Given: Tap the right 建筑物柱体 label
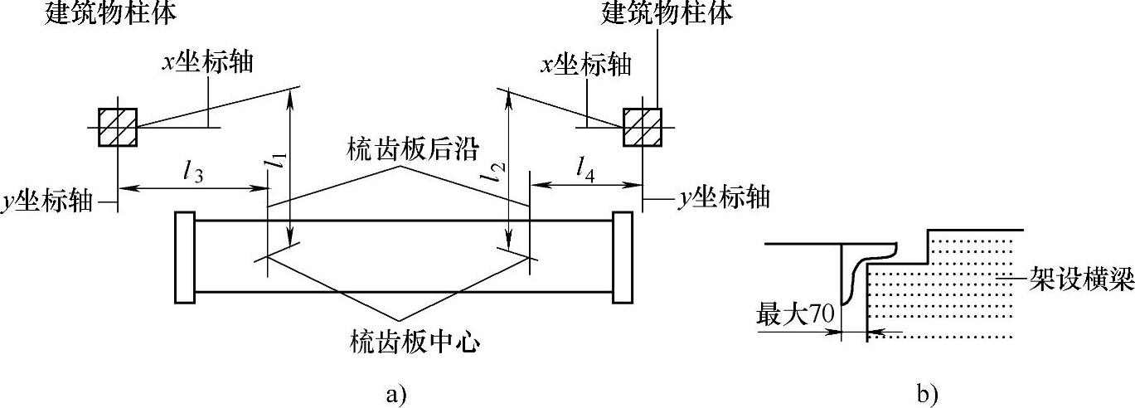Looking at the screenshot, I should (669, 12).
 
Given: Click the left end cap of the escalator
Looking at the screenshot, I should (184, 258).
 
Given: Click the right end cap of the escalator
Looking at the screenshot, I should (622, 258).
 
